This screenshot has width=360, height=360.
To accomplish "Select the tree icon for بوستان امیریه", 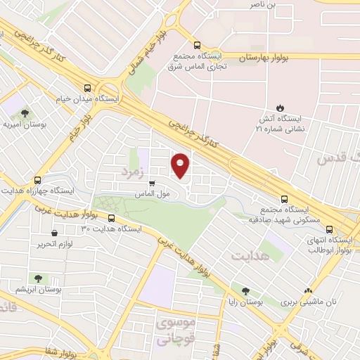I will click(x=25, y=112).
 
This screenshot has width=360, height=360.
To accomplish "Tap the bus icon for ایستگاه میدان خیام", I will click(x=87, y=88).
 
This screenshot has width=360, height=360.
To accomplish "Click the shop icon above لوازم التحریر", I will click(x=54, y=233).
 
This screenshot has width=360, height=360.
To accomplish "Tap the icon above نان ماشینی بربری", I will click(x=307, y=290).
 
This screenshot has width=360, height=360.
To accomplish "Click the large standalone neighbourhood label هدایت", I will click(x=250, y=256).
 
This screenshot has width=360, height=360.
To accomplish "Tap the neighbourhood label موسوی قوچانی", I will click(x=174, y=330).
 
